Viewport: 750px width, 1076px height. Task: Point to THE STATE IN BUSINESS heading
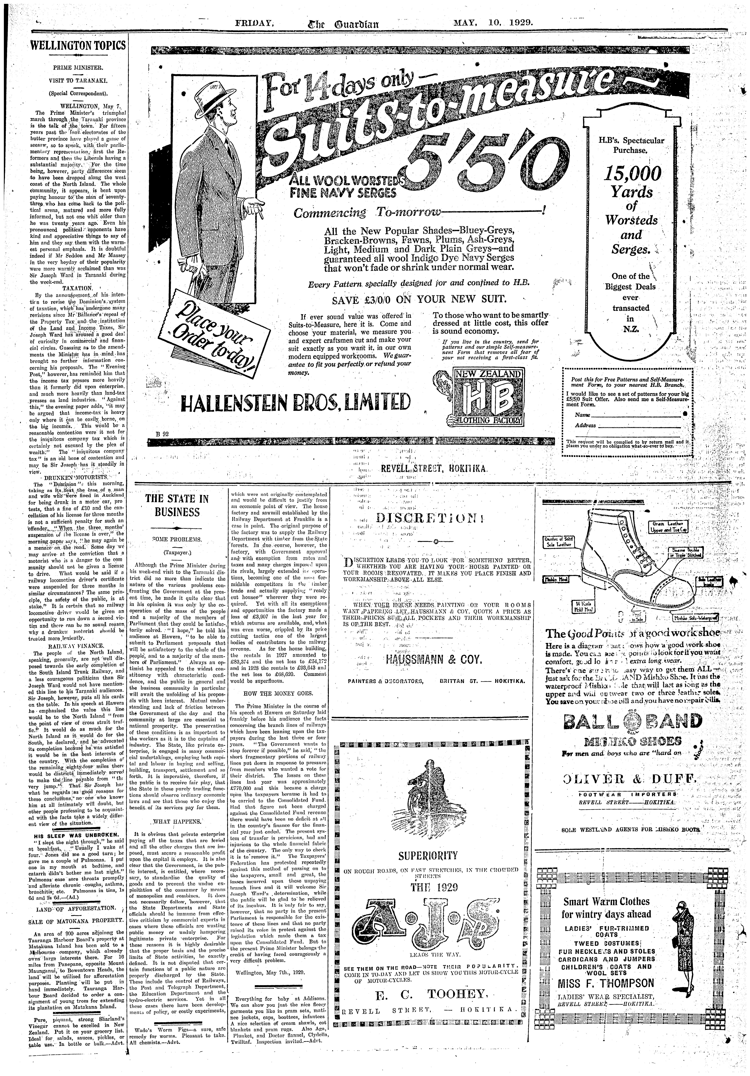click(177, 505)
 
